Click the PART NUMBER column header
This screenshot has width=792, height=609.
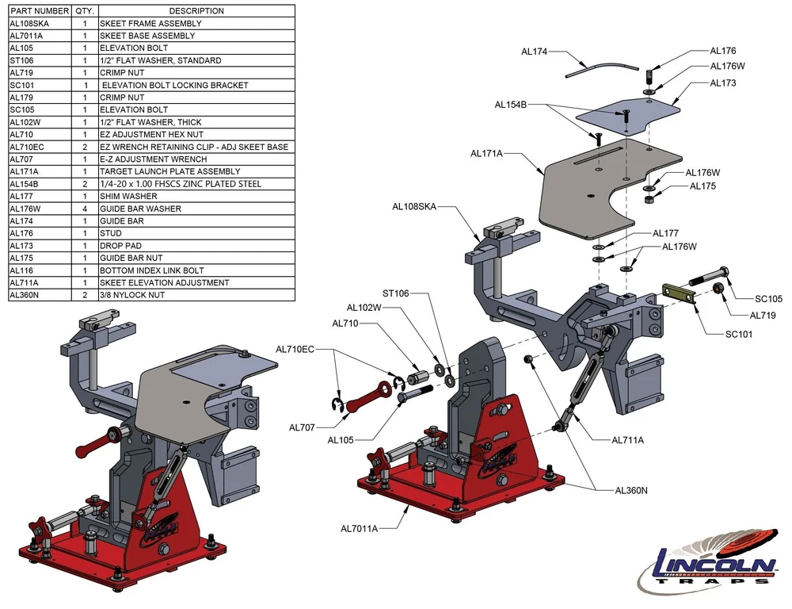point(40,11)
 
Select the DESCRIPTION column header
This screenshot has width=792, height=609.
point(196,11)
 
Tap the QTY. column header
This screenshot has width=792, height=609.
point(85,11)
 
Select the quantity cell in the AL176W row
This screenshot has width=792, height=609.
point(85,209)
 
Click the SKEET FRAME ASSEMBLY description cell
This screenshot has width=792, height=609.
point(150,24)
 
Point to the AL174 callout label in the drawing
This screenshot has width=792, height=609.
point(535,52)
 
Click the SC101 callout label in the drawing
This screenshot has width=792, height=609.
point(738,334)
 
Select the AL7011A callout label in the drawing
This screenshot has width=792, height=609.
point(359,528)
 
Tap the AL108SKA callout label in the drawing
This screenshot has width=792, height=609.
point(414,207)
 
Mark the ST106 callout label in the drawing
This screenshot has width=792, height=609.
point(395,293)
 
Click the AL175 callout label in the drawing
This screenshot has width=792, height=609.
point(703,186)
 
